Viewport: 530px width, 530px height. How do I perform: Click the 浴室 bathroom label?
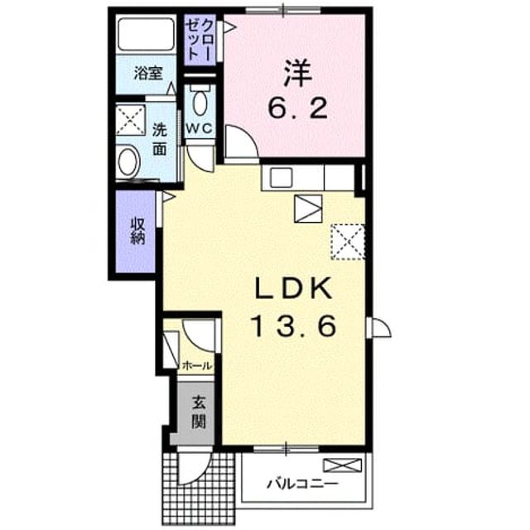coord(148,73)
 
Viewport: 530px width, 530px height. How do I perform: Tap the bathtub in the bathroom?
coord(146,34)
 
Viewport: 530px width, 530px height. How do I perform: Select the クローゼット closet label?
coord(200,39)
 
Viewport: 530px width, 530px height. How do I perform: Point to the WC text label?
coord(200,128)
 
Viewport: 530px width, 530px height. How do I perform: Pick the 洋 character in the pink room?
coord(297,74)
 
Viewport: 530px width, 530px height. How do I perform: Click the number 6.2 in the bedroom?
coord(297,108)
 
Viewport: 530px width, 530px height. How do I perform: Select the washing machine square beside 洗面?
coord(131,120)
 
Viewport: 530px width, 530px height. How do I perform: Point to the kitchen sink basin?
coord(281,176)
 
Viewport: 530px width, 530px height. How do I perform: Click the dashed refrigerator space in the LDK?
coord(348,242)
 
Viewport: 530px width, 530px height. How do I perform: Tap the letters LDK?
coord(292,288)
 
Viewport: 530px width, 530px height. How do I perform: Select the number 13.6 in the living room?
coord(293,325)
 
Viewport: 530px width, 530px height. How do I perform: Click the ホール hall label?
coord(197,365)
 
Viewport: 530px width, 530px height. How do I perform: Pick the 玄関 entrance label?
coord(199,412)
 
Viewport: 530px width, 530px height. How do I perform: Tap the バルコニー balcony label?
coord(302,484)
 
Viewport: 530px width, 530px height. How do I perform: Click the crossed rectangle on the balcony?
coord(342,465)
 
